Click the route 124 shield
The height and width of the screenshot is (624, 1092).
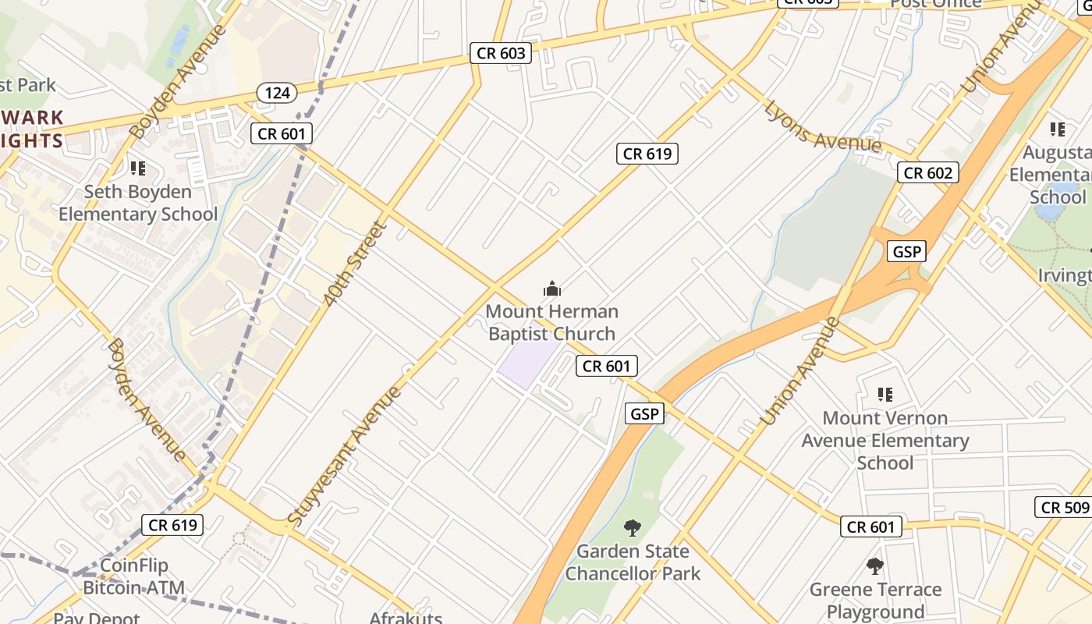[x=277, y=93]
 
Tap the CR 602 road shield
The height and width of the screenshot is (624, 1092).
[x=927, y=172]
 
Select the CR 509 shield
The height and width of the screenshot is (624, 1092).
[x=1065, y=507]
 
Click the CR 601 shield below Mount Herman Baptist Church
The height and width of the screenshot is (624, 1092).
[x=607, y=365]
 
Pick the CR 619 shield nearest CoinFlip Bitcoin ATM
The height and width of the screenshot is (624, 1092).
[x=173, y=525]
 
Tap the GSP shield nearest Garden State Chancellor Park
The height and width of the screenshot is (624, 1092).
[x=644, y=413]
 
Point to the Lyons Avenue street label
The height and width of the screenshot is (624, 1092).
[x=822, y=127]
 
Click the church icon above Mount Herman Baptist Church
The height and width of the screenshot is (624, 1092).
[x=552, y=289]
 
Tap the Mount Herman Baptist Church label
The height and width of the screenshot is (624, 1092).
[x=551, y=322]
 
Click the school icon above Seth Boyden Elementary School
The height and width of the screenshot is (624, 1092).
[x=138, y=168]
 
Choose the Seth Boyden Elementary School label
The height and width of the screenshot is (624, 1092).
[x=138, y=203]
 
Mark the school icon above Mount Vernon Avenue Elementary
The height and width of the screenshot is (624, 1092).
[x=885, y=395]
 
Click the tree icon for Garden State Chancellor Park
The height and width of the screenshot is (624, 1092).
[x=633, y=528]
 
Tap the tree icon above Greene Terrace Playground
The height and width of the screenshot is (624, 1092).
[x=875, y=566]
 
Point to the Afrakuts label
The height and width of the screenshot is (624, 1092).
[x=406, y=618]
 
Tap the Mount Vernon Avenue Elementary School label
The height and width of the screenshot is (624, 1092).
[x=885, y=441]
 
